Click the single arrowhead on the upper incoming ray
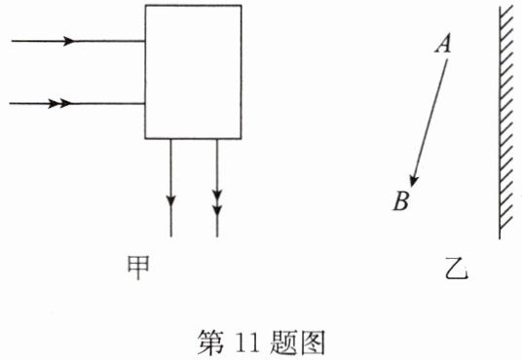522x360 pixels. click(69, 41)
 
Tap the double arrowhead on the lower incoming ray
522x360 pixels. click(60, 103)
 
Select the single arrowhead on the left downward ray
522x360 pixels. click(170, 200)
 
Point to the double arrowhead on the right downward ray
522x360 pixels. click(217, 202)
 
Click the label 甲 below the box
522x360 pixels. click(138, 268)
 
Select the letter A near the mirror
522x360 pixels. click(443, 43)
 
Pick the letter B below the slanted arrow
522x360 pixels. click(401, 200)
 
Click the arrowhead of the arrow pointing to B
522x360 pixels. click(414, 181)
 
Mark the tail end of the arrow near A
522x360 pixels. click(447, 59)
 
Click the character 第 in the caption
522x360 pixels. click(210, 342)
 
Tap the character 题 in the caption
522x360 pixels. click(283, 342)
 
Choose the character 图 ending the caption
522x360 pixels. click(313, 342)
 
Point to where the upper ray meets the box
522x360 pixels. click(145, 41)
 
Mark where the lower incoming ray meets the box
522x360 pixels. click(145, 103)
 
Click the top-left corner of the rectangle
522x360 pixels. click(145, 5)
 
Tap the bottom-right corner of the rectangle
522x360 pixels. click(242, 138)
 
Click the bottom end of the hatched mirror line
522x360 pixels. click(500, 239)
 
